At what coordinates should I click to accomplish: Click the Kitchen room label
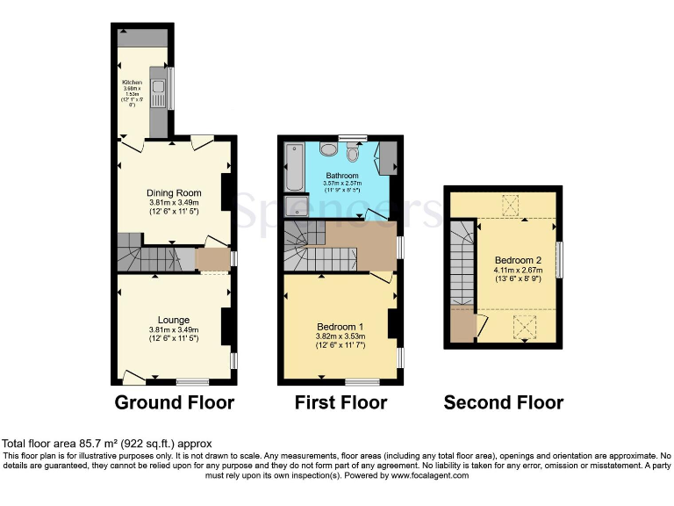tap(132, 83)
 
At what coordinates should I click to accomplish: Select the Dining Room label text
tap(174, 193)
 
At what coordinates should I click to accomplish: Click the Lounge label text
tap(174, 320)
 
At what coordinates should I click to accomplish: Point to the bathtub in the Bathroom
tap(293, 167)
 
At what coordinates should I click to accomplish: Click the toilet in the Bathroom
tap(352, 153)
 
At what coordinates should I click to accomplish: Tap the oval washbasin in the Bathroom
tap(326, 148)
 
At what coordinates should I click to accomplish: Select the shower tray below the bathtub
tap(293, 206)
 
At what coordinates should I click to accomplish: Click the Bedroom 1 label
tap(339, 325)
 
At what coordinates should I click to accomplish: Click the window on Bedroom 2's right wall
tap(560, 261)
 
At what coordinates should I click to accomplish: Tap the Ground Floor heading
tap(175, 403)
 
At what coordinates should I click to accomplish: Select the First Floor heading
tap(340, 403)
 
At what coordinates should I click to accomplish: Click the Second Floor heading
tap(503, 403)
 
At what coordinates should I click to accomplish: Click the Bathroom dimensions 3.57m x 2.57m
tap(341, 184)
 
